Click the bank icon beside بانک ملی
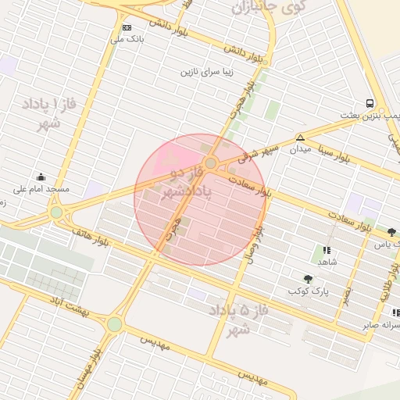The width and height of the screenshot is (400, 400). coord(127,27)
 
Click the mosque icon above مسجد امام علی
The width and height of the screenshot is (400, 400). coord(41,177)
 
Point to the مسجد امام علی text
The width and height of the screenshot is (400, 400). coord(41,189)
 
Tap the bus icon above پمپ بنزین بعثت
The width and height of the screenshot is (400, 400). coord(370,103)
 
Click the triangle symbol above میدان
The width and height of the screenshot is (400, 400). coord(300,137)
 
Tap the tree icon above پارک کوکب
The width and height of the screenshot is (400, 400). coord(308,278)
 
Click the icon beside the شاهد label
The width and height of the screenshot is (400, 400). coord(327,250)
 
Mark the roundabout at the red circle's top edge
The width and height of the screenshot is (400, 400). coord(210,162)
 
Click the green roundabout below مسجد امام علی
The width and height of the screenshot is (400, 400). coord(56,212)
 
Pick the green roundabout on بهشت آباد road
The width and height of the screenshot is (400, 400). coord(115,323)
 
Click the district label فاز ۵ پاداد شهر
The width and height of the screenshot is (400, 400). coord(238,320)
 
